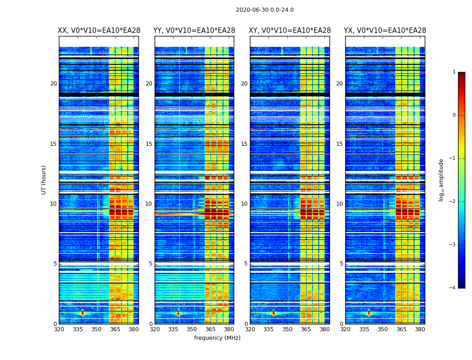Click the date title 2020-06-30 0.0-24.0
(x=265, y=10)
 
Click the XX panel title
(x=99, y=31)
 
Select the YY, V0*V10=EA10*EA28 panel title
(x=194, y=31)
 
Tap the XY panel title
(x=290, y=31)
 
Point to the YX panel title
(x=385, y=31)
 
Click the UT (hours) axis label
(x=44, y=180)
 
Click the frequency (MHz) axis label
(x=217, y=338)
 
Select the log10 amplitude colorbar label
(x=441, y=180)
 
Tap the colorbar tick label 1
(x=454, y=72)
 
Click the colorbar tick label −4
(x=453, y=288)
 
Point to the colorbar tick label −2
(x=453, y=202)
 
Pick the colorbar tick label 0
(x=454, y=115)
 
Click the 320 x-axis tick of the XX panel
(x=59, y=329)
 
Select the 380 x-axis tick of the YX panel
(x=420, y=329)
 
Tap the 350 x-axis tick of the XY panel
(x=287, y=329)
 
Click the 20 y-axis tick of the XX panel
(x=53, y=84)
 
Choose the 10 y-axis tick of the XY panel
(x=244, y=204)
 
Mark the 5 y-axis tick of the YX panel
(x=341, y=264)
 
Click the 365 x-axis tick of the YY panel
(x=210, y=329)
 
